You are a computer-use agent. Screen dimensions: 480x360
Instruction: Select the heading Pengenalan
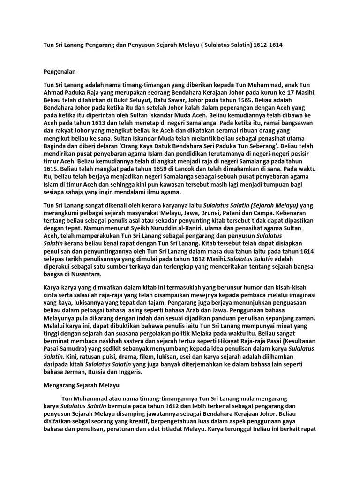click(60, 72)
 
